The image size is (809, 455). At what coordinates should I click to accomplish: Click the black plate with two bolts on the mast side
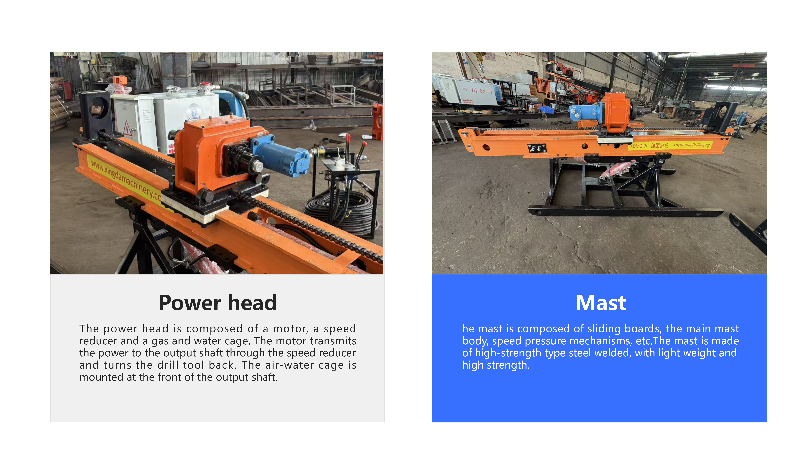point(537,148)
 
